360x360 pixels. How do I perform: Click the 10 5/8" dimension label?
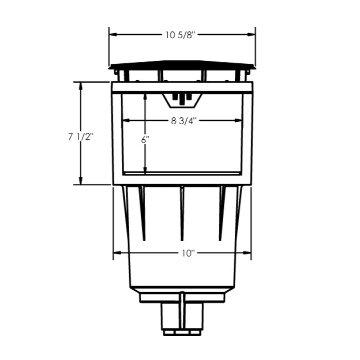click(182, 35)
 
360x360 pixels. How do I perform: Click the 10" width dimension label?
click(187, 253)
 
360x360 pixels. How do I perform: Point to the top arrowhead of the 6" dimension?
click(145, 97)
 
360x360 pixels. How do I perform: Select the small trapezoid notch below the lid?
click(182, 101)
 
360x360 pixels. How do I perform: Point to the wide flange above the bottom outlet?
click(182, 298)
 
